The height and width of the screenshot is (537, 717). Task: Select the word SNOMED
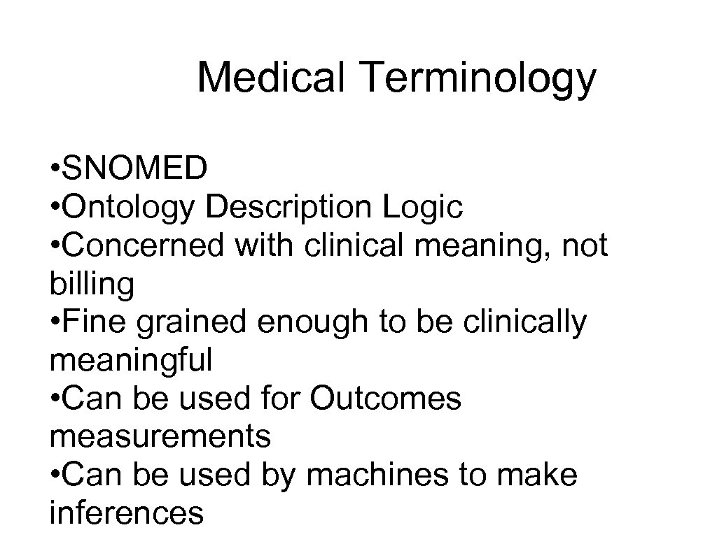point(135,168)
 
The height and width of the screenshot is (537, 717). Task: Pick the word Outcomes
point(386,400)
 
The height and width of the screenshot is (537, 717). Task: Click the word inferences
point(127,514)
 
